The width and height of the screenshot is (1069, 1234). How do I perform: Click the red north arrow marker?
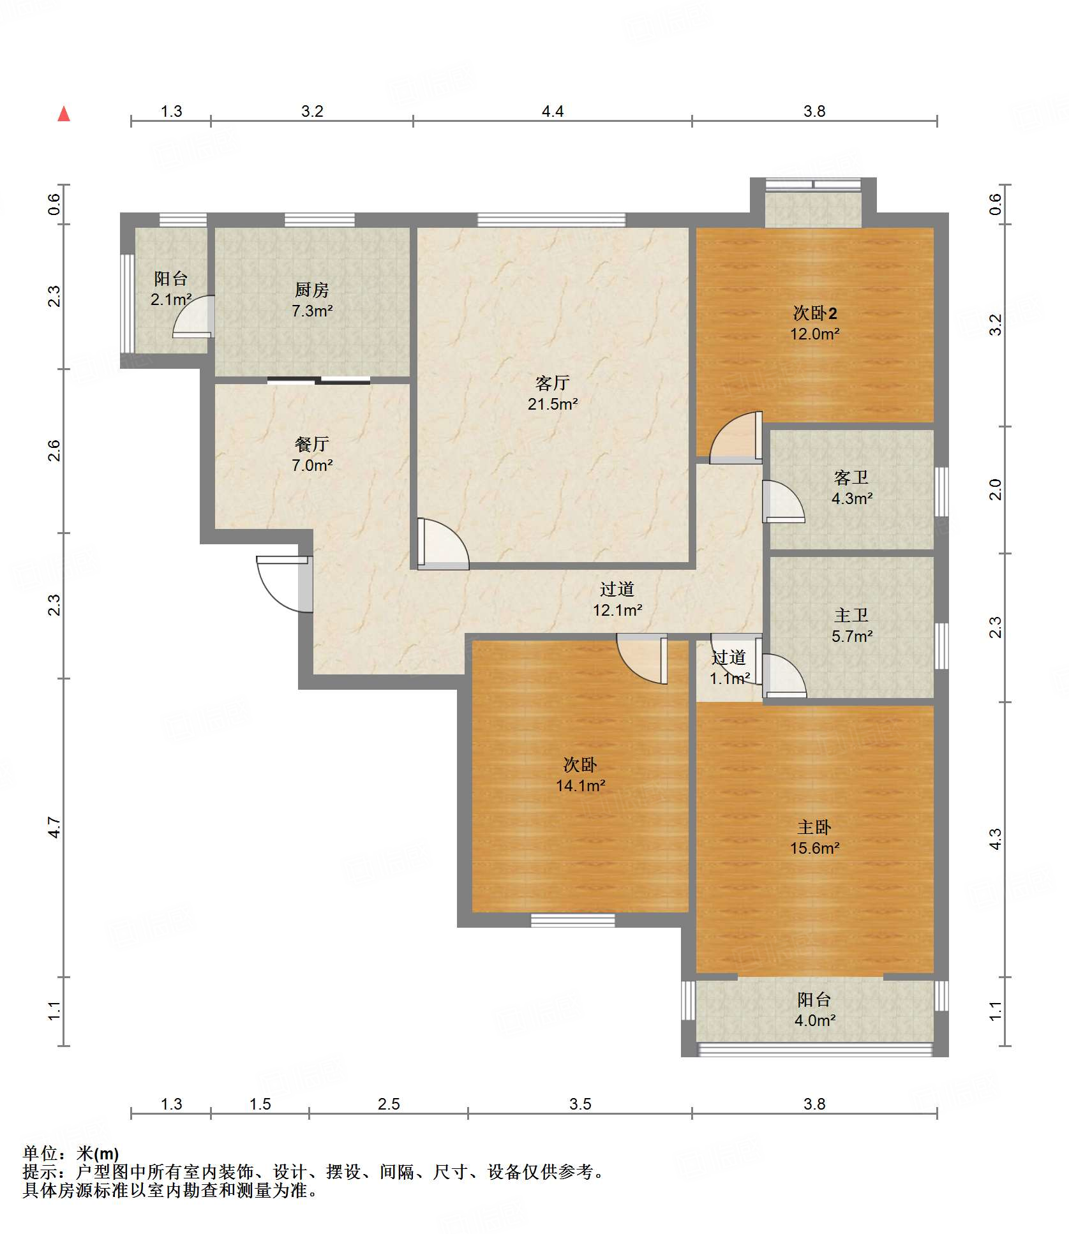(64, 114)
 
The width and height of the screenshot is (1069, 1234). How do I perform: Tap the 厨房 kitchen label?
(311, 290)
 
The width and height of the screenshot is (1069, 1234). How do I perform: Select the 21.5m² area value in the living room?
(553, 403)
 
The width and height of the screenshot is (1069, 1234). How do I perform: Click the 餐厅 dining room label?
(311, 444)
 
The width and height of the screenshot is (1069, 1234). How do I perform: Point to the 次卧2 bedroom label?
(815, 313)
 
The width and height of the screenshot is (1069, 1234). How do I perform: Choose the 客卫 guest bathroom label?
(851, 477)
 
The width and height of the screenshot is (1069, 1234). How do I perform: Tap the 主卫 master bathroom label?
(851, 615)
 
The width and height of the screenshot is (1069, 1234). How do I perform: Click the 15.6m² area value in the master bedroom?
(814, 848)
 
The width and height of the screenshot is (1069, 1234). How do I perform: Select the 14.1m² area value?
(580, 785)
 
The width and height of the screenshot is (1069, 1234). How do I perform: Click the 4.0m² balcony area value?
(814, 1020)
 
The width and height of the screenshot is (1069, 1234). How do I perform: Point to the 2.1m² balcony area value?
(171, 299)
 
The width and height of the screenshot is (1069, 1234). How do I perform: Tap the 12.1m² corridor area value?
(617, 610)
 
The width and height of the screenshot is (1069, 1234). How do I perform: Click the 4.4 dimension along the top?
(553, 112)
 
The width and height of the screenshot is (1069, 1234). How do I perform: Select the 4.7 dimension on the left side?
(55, 828)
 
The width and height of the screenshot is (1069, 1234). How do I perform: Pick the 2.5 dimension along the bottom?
(388, 1104)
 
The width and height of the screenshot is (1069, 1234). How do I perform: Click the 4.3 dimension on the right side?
(996, 838)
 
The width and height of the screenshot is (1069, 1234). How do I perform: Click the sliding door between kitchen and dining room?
(318, 381)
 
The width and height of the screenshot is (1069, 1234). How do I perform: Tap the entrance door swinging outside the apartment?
(285, 584)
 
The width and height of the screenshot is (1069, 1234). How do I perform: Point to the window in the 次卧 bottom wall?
(572, 920)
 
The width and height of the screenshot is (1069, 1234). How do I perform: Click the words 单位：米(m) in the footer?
(71, 1153)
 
